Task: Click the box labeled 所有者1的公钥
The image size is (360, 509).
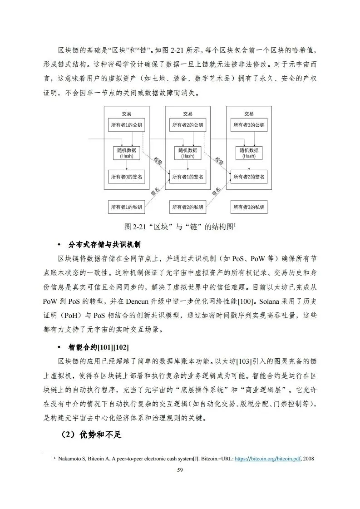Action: (x=127, y=125)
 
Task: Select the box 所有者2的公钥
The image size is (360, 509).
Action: (x=187, y=125)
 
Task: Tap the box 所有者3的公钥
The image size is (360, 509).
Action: (x=249, y=125)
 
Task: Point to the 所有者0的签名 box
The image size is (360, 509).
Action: (x=127, y=176)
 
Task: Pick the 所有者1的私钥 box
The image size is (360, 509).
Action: (x=127, y=207)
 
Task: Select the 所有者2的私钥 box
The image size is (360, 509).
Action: (x=187, y=207)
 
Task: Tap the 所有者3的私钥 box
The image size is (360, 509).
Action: (x=249, y=207)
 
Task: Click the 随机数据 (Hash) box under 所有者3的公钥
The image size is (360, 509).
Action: (x=249, y=153)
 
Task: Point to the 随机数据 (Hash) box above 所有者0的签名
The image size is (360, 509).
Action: (x=127, y=153)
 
